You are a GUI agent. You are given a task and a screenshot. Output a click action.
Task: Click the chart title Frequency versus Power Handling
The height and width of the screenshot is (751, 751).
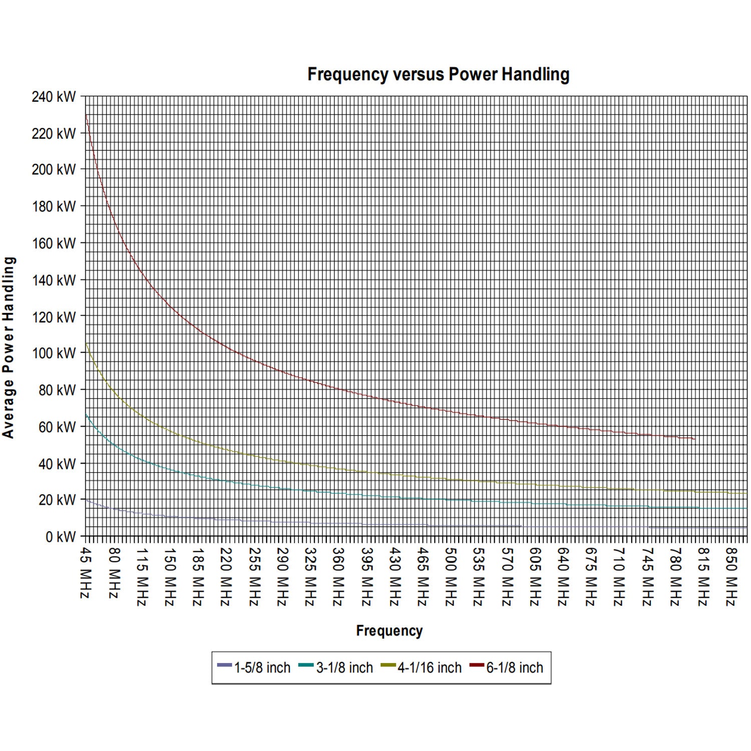(x=438, y=75)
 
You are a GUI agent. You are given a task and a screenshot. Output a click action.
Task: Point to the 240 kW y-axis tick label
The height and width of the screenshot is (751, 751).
(x=54, y=97)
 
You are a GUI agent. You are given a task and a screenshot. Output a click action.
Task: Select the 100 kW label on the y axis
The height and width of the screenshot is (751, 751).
(x=54, y=353)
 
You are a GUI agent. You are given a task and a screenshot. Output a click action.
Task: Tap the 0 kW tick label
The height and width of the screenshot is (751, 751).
(x=61, y=537)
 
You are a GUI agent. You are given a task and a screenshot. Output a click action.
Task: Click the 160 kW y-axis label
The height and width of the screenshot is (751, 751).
(x=54, y=243)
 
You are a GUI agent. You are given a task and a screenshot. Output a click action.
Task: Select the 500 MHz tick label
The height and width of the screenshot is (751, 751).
(x=451, y=577)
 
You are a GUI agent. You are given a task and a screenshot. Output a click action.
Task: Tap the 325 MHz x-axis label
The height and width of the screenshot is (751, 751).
(x=310, y=577)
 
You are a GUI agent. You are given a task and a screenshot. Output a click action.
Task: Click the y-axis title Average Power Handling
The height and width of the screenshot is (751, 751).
(x=9, y=347)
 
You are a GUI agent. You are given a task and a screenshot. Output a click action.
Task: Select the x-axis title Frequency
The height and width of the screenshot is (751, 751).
(x=389, y=631)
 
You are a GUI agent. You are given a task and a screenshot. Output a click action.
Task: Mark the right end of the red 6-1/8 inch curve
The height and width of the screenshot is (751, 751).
(x=694, y=439)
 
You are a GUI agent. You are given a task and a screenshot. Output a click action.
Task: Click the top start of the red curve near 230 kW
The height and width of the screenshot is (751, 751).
(x=86, y=116)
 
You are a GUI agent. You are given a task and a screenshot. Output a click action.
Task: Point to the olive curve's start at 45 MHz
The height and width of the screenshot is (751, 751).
(x=86, y=344)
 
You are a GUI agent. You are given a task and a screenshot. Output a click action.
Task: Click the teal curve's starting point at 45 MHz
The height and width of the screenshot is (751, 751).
(x=86, y=415)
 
